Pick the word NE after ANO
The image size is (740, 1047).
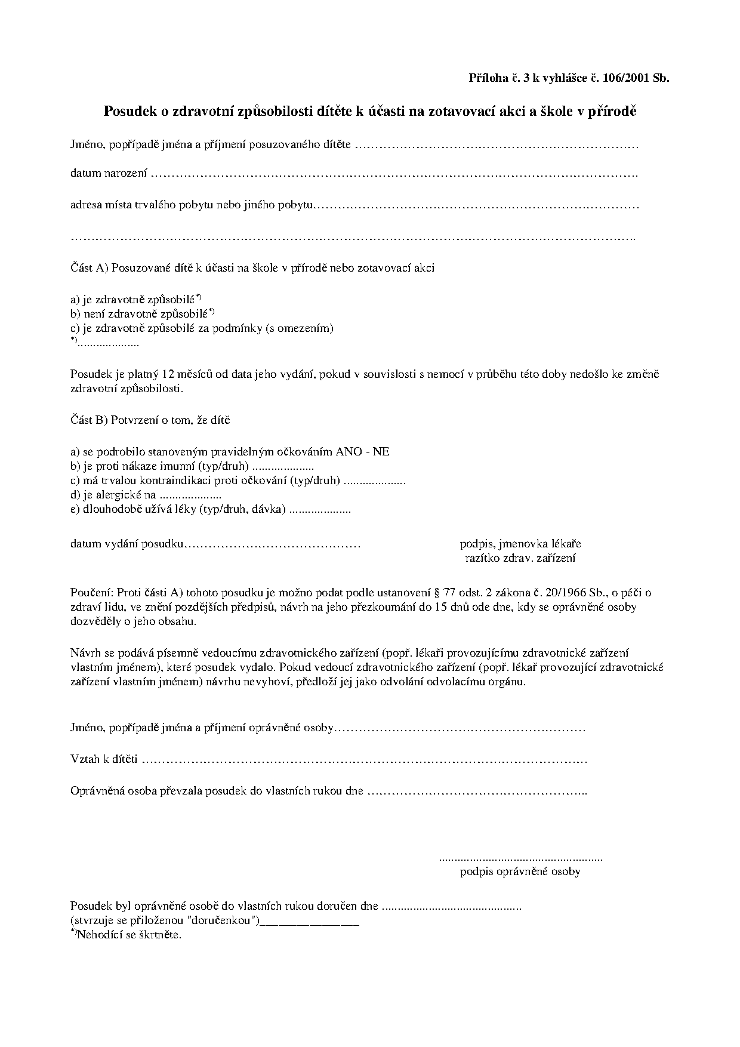pos(381,452)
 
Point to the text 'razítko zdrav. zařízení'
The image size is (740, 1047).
pos(520,559)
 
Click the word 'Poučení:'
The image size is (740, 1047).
pos(91,593)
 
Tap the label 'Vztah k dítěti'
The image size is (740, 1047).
pos(104,760)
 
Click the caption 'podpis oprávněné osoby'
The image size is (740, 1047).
pos(520,872)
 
